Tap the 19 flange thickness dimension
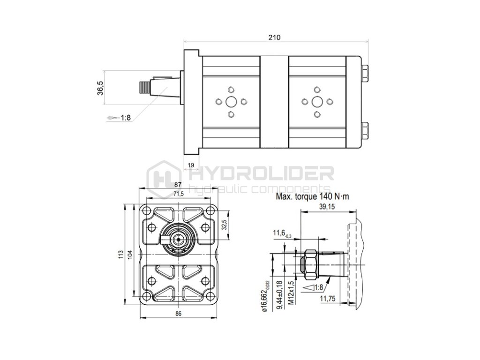191,165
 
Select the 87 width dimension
178,185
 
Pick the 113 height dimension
120,255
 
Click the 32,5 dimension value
224,225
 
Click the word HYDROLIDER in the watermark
262,174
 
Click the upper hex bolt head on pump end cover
365,74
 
